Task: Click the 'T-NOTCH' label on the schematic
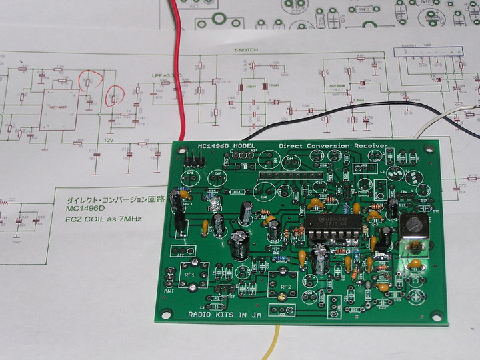coord(242,50)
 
